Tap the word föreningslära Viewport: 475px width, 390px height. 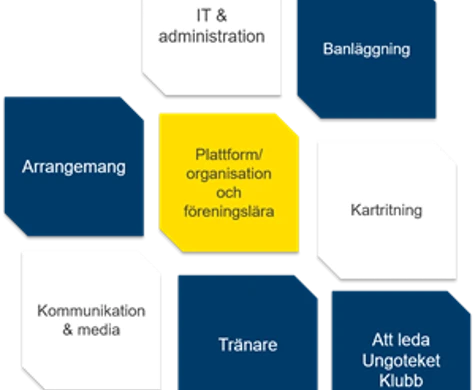229,211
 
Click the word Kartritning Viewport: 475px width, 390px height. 386,211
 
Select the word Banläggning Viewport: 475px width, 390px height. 367,48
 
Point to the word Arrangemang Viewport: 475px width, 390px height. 74,167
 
